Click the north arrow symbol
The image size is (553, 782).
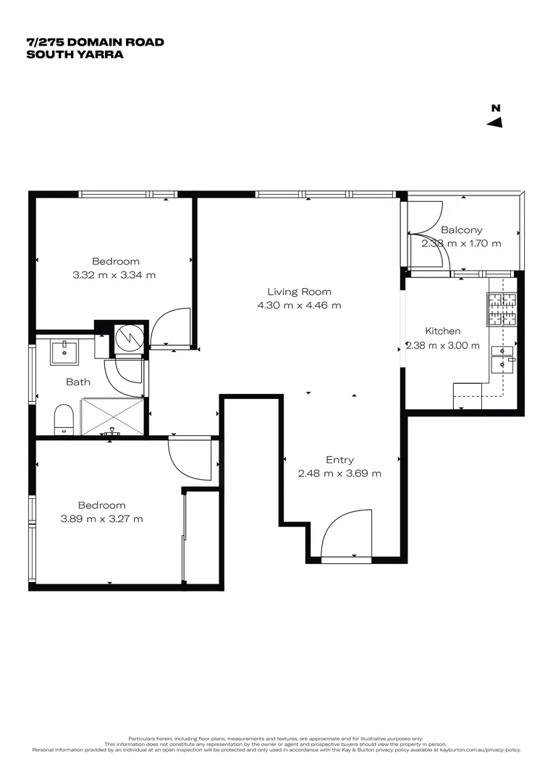[495, 122]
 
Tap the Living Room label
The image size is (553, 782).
[299, 292]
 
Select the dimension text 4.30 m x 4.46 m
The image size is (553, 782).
[299, 306]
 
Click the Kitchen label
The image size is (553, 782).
[442, 331]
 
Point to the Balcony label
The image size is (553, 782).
[461, 230]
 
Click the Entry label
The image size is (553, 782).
[339, 460]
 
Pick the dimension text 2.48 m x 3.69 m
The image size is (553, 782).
[339, 474]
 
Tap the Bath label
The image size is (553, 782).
[78, 382]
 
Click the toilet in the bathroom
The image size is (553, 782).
[64, 419]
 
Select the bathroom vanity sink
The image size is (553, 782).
[64, 353]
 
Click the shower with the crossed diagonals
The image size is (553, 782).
[112, 416]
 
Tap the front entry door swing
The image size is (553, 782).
[346, 534]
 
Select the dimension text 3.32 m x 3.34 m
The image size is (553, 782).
[114, 275]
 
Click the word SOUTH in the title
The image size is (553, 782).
[48, 54]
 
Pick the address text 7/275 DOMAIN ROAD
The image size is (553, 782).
[95, 42]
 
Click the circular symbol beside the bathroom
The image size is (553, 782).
[129, 337]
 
